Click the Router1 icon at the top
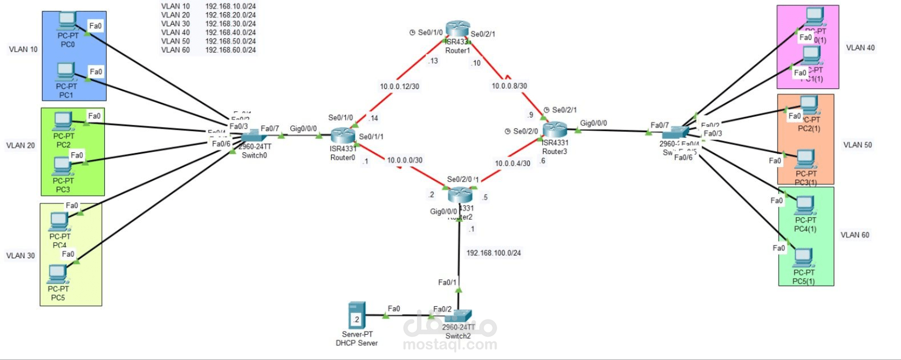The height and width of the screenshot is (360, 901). [x=457, y=29]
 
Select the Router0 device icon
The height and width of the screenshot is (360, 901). [x=343, y=136]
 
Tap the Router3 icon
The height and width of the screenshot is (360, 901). [x=554, y=129]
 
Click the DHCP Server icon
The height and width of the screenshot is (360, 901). [x=356, y=315]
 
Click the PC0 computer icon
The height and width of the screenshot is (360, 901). [x=67, y=21]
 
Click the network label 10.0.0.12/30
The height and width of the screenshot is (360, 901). [x=399, y=86]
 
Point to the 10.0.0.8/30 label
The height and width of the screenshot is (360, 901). [x=509, y=86]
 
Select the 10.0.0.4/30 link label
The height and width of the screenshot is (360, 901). [x=512, y=163]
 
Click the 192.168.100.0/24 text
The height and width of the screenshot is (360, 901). [x=493, y=253]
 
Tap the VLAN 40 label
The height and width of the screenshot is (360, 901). [x=860, y=48]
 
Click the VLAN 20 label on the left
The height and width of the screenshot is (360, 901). [x=21, y=145]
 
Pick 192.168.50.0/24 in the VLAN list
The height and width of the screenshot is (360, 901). [x=230, y=41]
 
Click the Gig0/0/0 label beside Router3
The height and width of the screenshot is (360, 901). [x=593, y=123]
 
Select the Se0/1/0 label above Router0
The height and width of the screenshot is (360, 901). [x=340, y=118]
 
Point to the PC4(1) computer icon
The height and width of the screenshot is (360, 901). [x=805, y=206]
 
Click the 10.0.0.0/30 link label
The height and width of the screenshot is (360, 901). [x=404, y=160]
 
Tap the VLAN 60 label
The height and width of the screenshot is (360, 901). [x=855, y=235]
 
